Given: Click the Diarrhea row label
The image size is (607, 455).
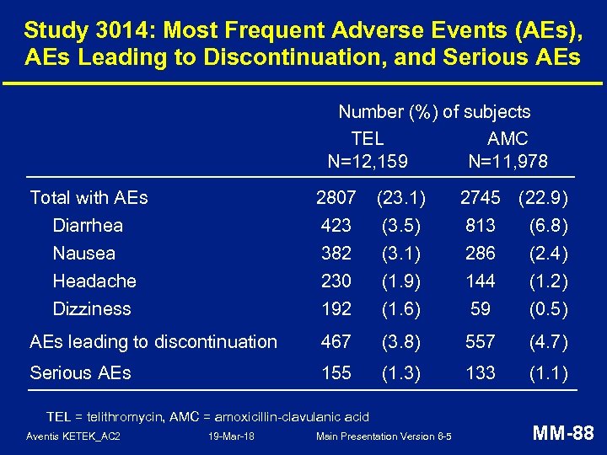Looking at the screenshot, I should [88, 226].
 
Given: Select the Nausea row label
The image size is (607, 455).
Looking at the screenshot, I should [83, 254].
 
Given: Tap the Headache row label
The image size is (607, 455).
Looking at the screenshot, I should [94, 281].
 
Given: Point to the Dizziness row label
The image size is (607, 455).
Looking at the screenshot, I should [91, 309].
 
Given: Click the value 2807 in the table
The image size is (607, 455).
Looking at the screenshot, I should [336, 198].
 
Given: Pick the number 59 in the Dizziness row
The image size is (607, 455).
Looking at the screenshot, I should [481, 309].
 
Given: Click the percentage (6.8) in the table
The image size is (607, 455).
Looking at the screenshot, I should [549, 226].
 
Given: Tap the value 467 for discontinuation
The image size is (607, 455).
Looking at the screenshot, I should [336, 342].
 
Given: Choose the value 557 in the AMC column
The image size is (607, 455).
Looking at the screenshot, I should [481, 342].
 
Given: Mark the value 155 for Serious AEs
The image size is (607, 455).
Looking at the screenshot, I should [336, 373].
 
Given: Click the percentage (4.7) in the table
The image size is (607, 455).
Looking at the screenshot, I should [549, 342].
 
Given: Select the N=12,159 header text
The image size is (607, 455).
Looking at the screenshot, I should [367, 161].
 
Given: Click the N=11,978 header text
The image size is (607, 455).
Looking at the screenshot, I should [508, 161].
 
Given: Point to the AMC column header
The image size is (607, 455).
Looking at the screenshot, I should [508, 138].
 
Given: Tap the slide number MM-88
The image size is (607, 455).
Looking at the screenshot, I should [563, 434].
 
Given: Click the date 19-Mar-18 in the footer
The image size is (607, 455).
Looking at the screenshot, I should [230, 436].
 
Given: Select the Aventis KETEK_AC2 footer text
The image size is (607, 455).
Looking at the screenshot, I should [73, 436].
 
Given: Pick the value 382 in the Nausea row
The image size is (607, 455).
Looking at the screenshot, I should [336, 254].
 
